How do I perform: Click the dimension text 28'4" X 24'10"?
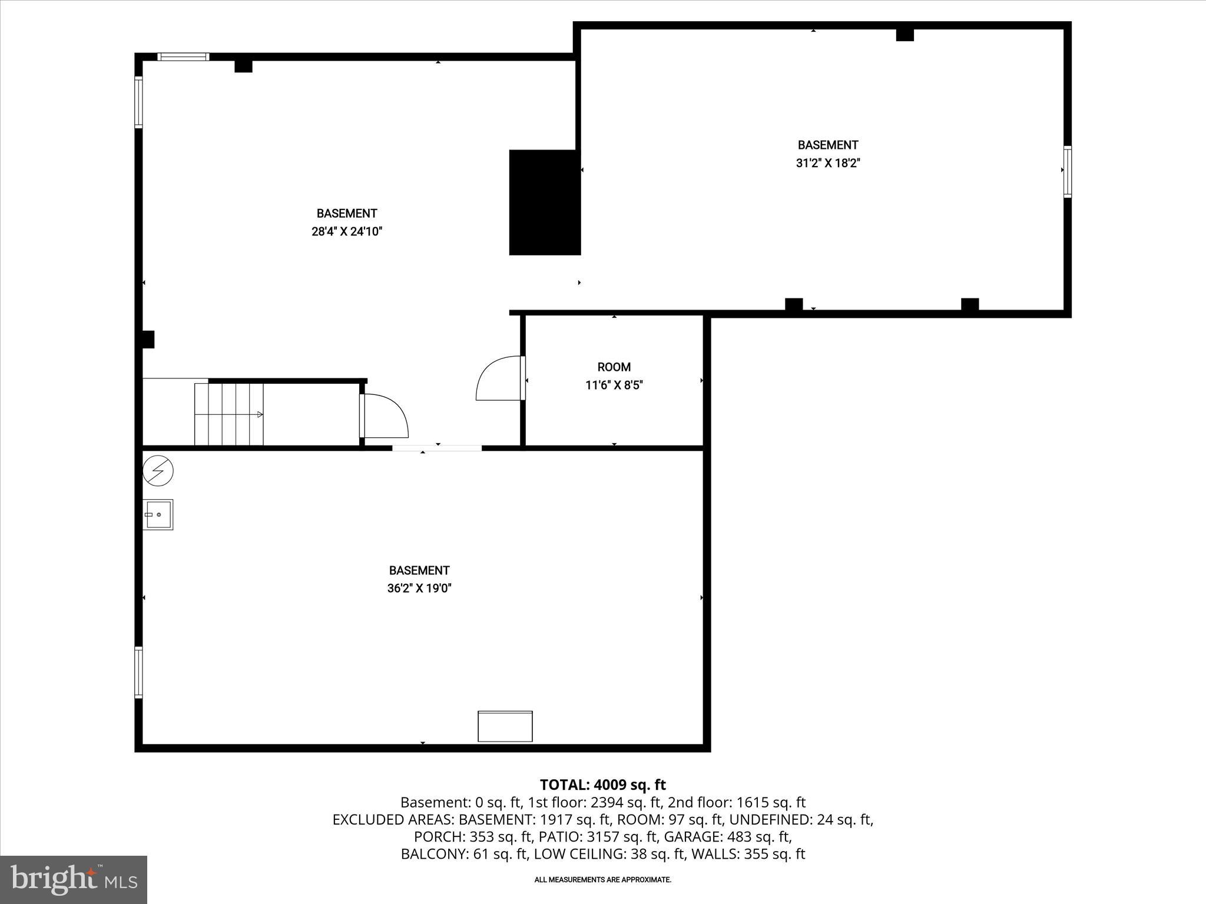click(346, 232)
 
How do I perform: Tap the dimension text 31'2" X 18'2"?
click(828, 164)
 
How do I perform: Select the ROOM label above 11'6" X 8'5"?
click(614, 367)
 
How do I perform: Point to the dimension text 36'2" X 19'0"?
click(419, 589)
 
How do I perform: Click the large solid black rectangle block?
click(544, 202)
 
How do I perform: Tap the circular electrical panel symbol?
click(158, 471)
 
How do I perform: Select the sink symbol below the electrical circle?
click(158, 514)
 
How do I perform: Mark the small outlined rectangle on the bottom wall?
click(505, 726)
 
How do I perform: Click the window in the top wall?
click(183, 57)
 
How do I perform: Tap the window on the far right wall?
click(1067, 171)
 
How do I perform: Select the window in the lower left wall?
click(138, 672)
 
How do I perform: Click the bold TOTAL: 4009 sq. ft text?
click(602, 785)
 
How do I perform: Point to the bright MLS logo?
click(73, 879)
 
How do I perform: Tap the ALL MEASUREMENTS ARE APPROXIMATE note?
click(602, 880)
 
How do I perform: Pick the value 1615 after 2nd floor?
click(753, 802)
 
